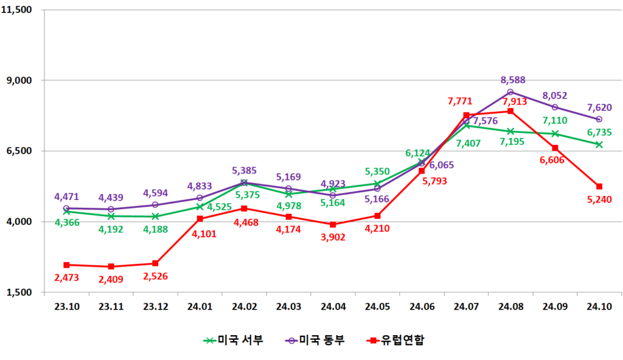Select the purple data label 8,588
pos(513,80)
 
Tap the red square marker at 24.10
pos(599,186)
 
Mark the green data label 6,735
pos(599,132)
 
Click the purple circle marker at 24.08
pos(510,92)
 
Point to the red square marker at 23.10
pos(66,265)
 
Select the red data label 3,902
pos(333,237)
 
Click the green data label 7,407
pos(466,144)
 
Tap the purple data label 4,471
pos(67,196)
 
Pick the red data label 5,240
pos(599,199)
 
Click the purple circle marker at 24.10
pos(599,119)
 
